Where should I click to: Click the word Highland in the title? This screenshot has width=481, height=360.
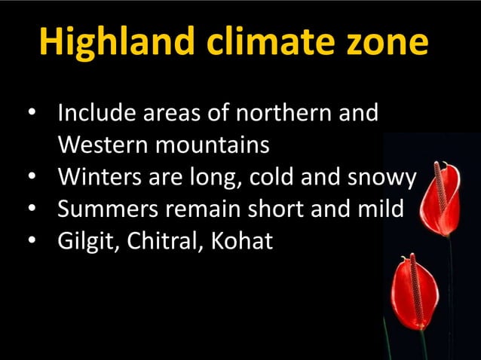click(113, 42)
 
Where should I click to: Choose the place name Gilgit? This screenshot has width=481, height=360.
click(83, 243)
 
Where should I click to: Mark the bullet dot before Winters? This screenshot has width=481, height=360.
click(32, 178)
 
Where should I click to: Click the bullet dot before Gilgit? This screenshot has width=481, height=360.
click(32, 242)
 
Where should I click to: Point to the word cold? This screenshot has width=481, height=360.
click(278, 178)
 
